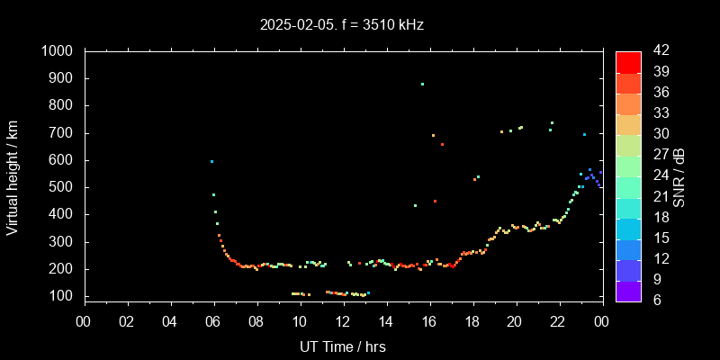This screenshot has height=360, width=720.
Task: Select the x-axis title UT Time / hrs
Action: [x=342, y=346]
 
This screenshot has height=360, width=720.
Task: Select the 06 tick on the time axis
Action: [x=213, y=321]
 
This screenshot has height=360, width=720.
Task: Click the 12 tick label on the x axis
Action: [x=343, y=321]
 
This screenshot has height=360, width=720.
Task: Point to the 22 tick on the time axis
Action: [x=558, y=321]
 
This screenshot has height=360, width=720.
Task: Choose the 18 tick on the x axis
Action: [x=472, y=321]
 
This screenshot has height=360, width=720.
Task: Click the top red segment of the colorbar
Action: [x=628, y=61]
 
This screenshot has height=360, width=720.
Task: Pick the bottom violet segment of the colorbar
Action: [x=628, y=290]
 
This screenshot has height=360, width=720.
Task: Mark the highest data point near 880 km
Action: [x=422, y=84]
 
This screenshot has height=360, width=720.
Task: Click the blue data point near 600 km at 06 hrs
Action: [x=211, y=161]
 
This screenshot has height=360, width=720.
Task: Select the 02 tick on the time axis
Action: [x=127, y=321]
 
